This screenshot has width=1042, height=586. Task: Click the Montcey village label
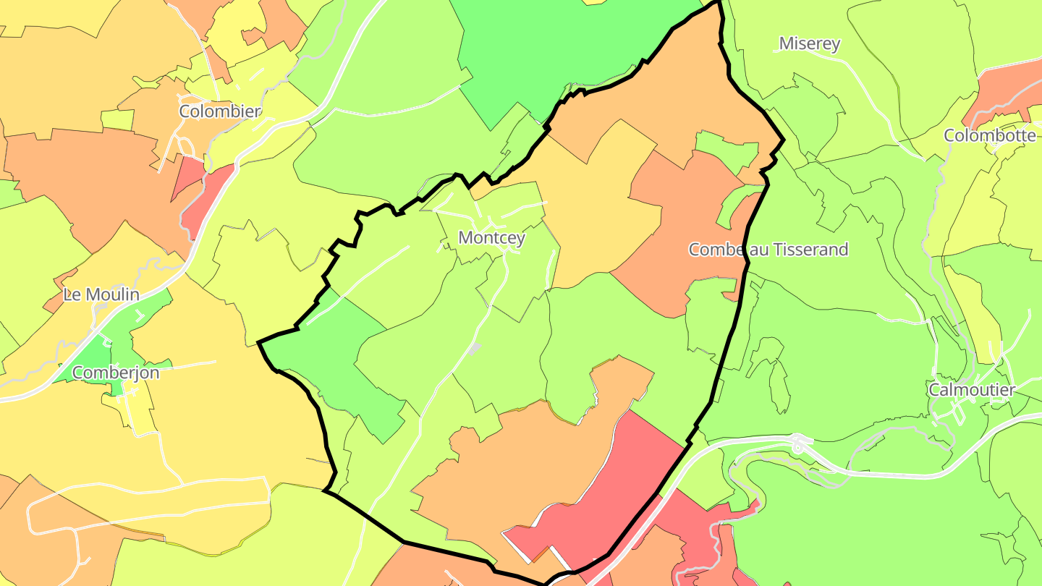point(491,237)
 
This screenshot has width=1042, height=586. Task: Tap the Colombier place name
point(220,111)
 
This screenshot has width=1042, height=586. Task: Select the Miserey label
point(809,43)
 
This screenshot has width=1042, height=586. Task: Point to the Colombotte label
point(989,135)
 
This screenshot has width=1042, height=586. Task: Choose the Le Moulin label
point(101,294)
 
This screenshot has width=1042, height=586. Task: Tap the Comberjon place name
point(116,373)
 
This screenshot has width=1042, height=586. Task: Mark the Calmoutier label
point(972,390)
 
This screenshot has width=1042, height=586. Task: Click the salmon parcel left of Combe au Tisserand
point(673,239)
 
